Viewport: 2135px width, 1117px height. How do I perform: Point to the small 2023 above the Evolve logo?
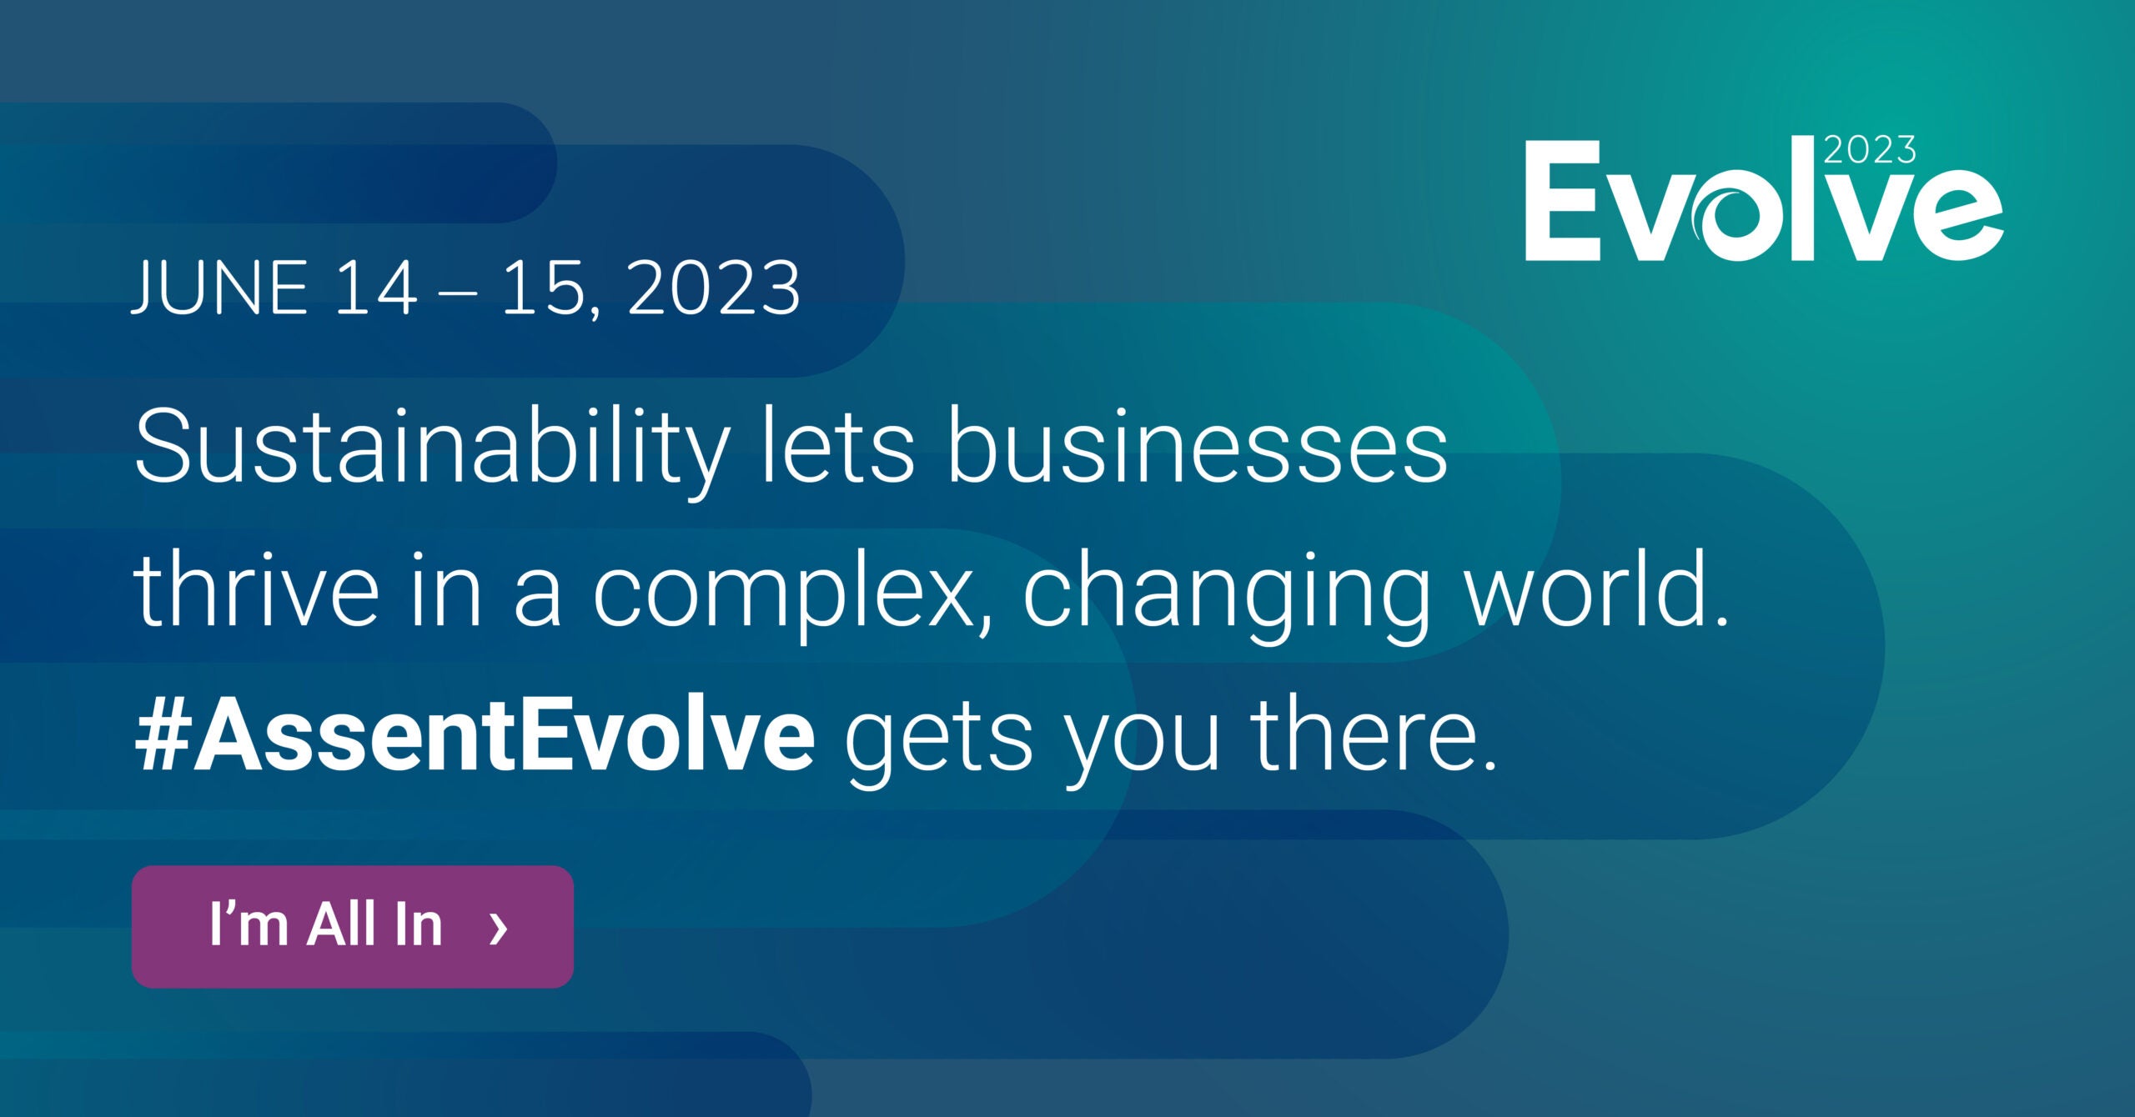1870,150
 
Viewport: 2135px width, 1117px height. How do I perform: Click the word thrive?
256,589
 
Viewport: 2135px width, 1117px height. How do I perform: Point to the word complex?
793,597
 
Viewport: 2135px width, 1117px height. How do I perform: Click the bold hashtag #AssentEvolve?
475,734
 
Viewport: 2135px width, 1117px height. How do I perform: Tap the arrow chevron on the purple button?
498,928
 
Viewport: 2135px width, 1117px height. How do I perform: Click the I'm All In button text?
326,924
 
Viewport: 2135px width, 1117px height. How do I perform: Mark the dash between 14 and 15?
458,293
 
